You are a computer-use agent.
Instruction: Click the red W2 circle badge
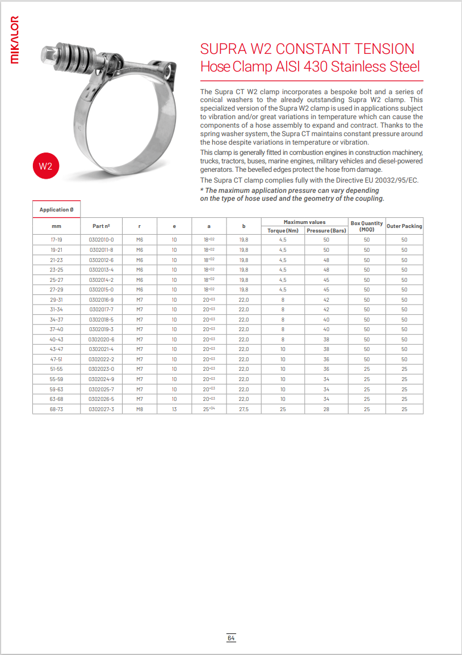tap(45, 167)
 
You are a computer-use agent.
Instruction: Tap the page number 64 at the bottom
tap(231, 638)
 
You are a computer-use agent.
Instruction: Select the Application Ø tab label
tap(56, 210)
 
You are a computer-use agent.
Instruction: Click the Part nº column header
tap(101, 226)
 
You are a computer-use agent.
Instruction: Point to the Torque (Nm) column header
tap(283, 230)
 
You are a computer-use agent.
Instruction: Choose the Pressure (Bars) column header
tap(326, 230)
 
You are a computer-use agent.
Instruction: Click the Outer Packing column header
tap(404, 226)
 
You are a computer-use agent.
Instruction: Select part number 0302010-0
tap(101, 240)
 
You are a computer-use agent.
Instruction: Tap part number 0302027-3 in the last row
tap(101, 409)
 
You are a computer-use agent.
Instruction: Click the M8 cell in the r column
tap(140, 409)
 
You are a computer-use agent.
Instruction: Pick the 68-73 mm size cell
tap(56, 409)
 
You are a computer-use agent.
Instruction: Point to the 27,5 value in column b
tap(243, 409)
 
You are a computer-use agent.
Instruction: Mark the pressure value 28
tap(326, 409)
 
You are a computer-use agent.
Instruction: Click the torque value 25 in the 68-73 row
tap(283, 409)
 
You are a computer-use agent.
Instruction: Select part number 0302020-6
tap(101, 339)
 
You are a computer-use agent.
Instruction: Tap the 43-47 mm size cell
tap(56, 349)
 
